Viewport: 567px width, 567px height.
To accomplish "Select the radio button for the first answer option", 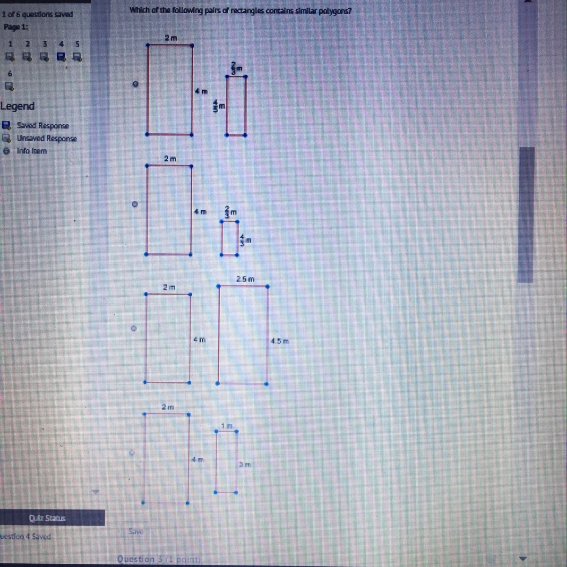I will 135,84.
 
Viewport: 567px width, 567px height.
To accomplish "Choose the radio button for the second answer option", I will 135,205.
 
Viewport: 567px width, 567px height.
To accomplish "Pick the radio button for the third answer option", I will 134,328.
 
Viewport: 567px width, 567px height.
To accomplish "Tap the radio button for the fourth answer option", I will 133,453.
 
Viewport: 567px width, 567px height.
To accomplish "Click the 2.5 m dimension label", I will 245,279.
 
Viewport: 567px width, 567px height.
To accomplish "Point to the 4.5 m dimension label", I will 280,341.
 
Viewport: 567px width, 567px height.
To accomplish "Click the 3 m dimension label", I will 244,464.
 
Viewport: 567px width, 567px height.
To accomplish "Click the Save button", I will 136,531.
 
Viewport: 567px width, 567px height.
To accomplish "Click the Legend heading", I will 17,106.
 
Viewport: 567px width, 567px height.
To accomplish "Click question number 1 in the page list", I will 9,44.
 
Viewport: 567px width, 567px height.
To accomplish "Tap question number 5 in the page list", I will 77,44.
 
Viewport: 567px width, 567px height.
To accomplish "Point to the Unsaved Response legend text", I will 47,138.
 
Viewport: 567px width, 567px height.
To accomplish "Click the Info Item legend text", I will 32,151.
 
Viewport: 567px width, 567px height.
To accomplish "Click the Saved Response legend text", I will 43,126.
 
